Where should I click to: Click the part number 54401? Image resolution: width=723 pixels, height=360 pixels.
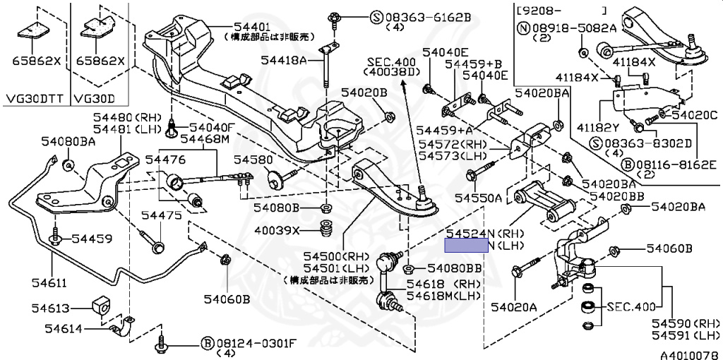244,26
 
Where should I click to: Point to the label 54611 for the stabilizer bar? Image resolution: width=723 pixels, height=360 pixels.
48,283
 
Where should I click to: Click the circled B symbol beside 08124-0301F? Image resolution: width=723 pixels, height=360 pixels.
207,342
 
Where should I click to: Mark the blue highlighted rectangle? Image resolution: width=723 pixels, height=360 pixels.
465,245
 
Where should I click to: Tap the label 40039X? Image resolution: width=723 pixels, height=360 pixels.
278,230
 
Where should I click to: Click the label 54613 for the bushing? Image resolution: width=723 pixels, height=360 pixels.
51,308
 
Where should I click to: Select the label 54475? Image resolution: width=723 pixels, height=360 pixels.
159,213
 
